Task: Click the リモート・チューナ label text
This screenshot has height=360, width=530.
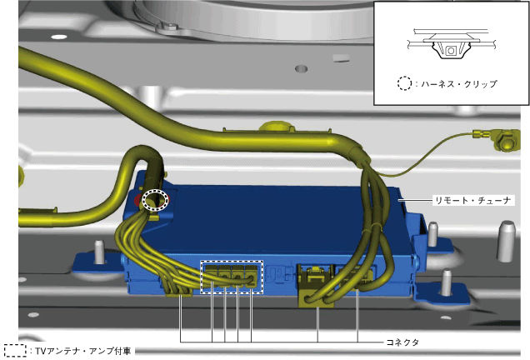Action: [x=472, y=201]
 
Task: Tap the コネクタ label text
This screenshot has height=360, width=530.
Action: [x=402, y=342]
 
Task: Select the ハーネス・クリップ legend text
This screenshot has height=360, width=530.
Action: [x=459, y=84]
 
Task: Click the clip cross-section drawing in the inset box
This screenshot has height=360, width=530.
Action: [x=451, y=44]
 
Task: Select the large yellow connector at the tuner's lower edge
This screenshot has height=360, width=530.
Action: [x=316, y=287]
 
